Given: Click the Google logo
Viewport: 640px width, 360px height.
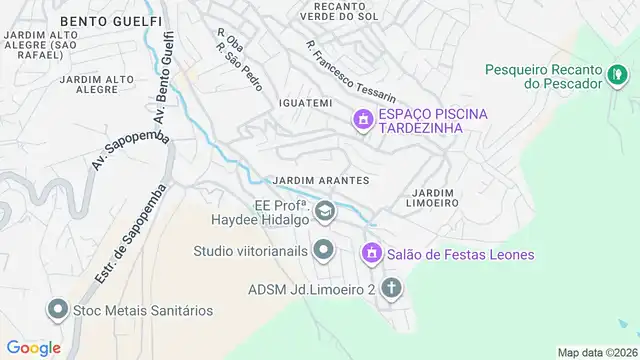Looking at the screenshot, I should click(35, 347).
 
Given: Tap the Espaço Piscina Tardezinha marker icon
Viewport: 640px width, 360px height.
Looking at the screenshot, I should click(361, 121).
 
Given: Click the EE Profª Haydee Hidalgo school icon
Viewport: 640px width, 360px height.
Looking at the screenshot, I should click(325, 211).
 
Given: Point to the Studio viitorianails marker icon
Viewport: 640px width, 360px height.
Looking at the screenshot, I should click(323, 248).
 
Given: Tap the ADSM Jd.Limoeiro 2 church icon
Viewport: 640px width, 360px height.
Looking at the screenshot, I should click(392, 290).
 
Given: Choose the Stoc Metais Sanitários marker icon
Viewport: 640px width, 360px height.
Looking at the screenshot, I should click(58, 310).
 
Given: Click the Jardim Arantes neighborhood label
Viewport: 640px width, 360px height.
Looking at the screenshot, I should click(321, 180).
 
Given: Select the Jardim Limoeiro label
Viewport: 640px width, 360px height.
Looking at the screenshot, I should click(434, 196).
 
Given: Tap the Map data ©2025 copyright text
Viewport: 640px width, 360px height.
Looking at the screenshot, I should click(596, 352).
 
